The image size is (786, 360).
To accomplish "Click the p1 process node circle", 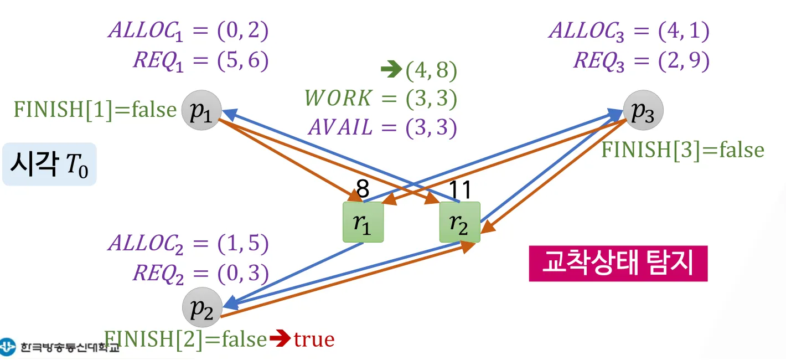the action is click(201, 111).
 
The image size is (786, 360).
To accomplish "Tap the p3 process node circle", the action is click(643, 110).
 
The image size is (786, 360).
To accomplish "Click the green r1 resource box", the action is click(363, 222).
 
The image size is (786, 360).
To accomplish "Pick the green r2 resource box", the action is click(459, 222).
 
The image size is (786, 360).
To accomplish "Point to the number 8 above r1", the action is click(363, 190).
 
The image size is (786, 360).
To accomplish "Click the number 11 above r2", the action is click(459, 190).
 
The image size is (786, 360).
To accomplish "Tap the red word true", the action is click(314, 339).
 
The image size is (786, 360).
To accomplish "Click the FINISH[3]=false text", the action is click(682, 150).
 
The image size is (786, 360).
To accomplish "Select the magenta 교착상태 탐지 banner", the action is click(618, 264).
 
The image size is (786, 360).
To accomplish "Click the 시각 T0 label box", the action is click(49, 164).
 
